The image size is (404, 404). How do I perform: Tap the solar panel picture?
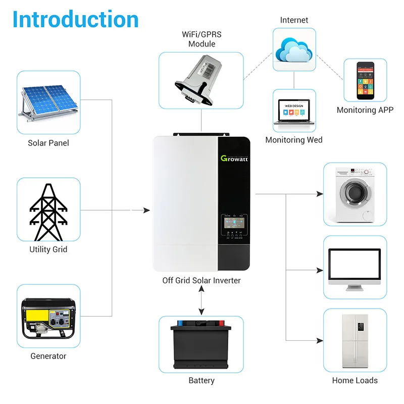(x=48, y=103)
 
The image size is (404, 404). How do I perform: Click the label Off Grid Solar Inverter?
(x=201, y=280)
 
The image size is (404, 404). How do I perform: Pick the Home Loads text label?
(x=355, y=380)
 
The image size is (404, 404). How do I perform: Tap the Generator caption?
(x=48, y=356)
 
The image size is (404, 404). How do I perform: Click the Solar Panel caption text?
(x=48, y=143)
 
